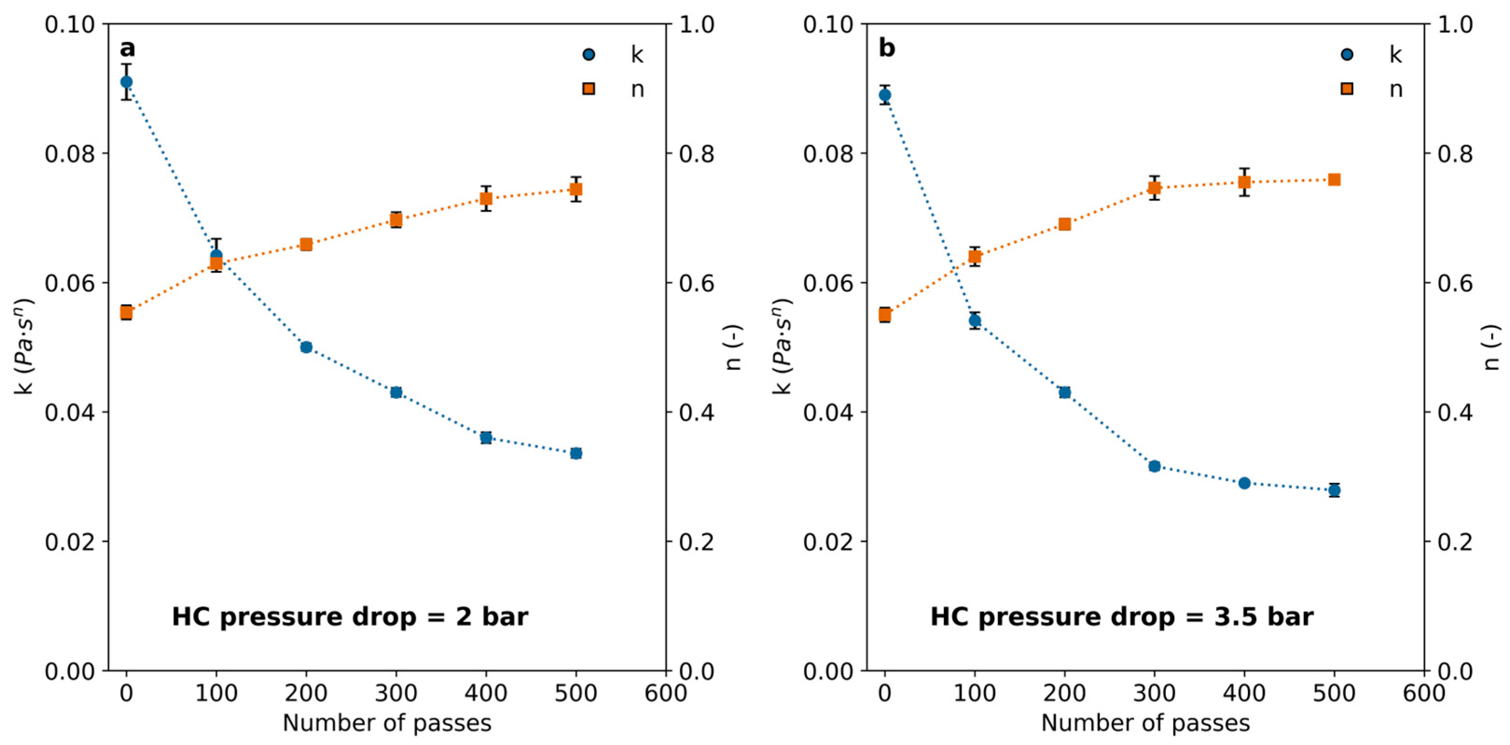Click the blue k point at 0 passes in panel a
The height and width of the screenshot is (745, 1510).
126,82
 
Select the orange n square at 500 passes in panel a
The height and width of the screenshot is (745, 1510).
576,189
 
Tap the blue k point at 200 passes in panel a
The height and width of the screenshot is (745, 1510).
306,347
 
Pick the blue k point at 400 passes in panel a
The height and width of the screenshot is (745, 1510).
486,437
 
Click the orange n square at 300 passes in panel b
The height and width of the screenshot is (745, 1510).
1154,187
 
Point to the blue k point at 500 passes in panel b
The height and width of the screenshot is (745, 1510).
1334,490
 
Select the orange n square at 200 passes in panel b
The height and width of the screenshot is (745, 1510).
1064,224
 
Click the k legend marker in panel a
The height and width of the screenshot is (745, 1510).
588,55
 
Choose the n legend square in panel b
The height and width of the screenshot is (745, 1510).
1347,89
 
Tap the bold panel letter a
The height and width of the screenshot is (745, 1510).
127,48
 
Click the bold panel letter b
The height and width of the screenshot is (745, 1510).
886,48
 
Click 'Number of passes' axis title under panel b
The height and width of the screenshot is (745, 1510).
1145,723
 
